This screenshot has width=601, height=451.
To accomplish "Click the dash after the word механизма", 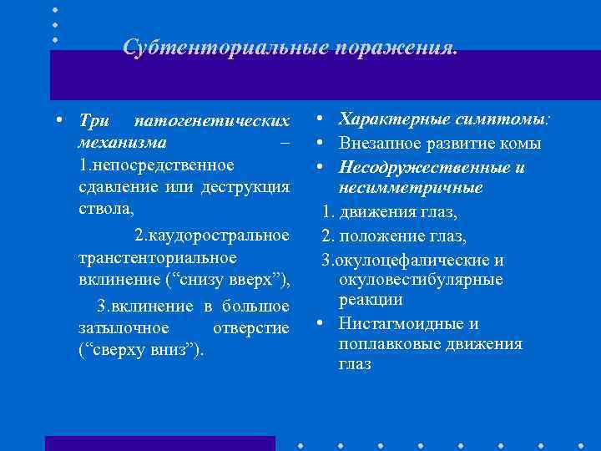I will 285,142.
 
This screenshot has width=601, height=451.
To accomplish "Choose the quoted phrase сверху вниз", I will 139,347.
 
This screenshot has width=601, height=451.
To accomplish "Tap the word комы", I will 523,143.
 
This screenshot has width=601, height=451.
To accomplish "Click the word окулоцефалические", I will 412,260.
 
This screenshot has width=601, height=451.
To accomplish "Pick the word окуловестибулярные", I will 421,279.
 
